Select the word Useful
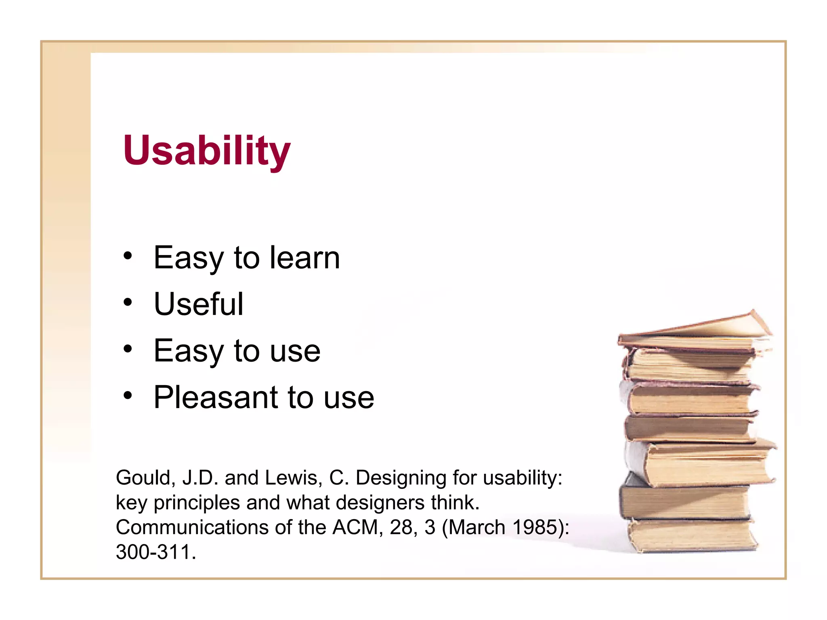pyautogui.click(x=199, y=304)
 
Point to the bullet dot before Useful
pyautogui.click(x=128, y=302)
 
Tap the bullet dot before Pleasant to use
pyautogui.click(x=128, y=396)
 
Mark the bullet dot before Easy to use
pyautogui.click(x=128, y=349)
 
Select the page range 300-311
pyautogui.click(x=153, y=552)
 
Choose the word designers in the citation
pyautogui.click(x=380, y=503)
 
